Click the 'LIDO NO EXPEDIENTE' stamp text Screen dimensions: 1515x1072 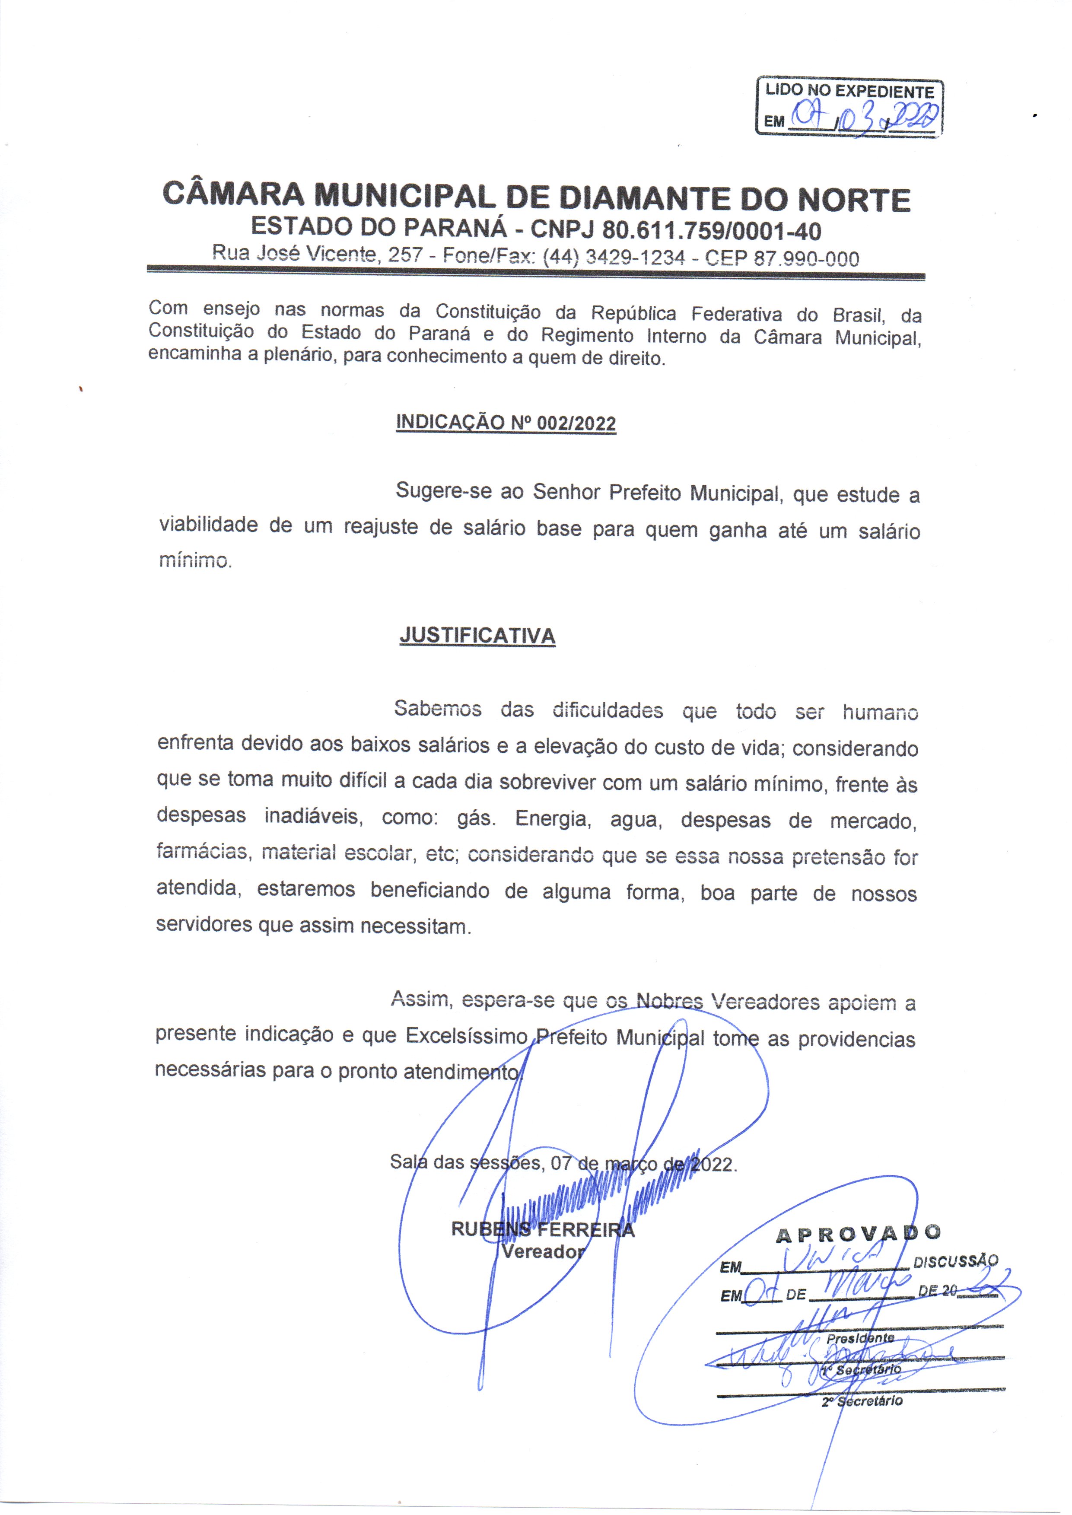point(849,91)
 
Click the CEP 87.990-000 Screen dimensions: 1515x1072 point(782,258)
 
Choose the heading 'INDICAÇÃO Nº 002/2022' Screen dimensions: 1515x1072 point(506,423)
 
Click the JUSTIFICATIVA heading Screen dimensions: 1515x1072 point(477,635)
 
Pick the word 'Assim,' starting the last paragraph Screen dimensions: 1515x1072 point(421,998)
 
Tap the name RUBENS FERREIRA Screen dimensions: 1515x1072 point(542,1229)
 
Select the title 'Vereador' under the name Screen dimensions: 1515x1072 point(543,1251)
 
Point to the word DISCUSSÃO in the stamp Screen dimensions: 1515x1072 point(955,1261)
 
